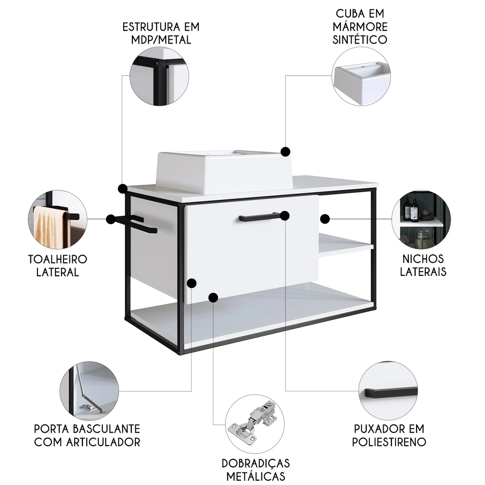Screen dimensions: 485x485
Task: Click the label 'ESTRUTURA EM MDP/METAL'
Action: click(x=161, y=32)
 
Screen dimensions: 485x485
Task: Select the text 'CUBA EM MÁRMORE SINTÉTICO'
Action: click(x=360, y=26)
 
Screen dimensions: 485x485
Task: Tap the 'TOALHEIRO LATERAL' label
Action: click(x=57, y=265)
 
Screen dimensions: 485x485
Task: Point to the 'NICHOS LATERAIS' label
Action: click(x=423, y=265)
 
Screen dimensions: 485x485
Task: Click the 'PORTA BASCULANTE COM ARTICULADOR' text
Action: click(x=87, y=435)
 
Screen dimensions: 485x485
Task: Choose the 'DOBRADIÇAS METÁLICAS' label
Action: click(x=256, y=469)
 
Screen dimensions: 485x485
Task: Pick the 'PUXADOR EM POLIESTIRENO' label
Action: click(x=388, y=435)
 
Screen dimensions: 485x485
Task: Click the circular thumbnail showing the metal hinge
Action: click(x=256, y=423)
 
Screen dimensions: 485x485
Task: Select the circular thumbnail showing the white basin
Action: click(x=361, y=76)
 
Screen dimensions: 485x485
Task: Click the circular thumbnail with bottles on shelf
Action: click(x=421, y=220)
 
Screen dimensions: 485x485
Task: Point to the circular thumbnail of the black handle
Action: click(x=388, y=391)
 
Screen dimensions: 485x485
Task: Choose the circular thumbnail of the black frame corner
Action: click(x=159, y=76)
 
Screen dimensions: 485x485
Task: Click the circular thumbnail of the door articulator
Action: click(x=89, y=391)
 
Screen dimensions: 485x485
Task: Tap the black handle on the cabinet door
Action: click(x=259, y=217)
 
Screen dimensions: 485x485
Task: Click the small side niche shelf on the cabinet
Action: click(x=345, y=244)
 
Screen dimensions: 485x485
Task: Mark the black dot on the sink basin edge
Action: click(x=286, y=151)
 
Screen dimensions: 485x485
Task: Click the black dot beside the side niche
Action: click(x=325, y=219)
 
